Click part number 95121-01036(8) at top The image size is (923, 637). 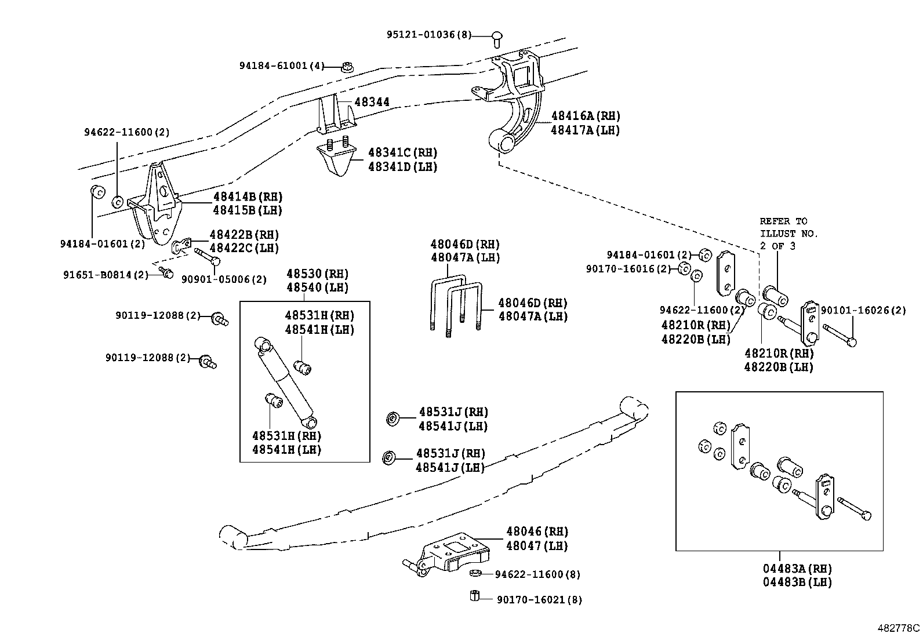[x=429, y=35]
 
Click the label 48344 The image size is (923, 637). [x=372, y=103]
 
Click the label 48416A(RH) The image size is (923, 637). [x=585, y=116]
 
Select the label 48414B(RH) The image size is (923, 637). [x=248, y=196]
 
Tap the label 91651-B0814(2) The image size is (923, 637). [x=106, y=275]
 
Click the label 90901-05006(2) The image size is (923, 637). [x=224, y=279]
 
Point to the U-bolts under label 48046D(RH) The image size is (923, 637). [x=456, y=304]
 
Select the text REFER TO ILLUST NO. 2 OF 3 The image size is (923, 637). [x=788, y=233]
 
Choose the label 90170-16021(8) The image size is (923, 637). [x=539, y=600]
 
